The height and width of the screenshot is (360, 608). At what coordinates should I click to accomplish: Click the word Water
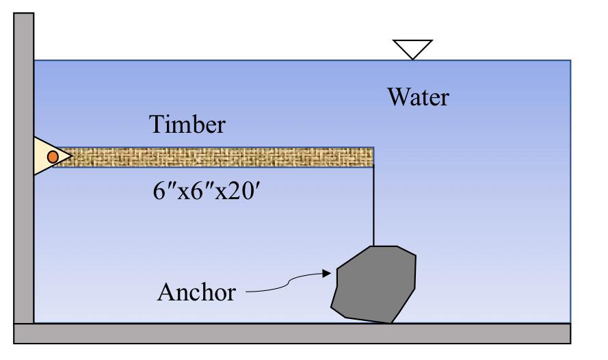click(419, 97)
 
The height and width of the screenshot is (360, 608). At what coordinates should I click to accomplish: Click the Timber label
click(187, 126)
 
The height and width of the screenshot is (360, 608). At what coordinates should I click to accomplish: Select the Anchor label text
click(196, 292)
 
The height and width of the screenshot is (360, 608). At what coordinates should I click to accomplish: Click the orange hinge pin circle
click(53, 157)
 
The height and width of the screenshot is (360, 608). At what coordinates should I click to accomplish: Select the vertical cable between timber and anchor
click(373, 205)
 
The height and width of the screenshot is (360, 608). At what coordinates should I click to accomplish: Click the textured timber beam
click(219, 157)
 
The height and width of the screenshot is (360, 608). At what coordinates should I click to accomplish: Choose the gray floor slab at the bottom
click(292, 333)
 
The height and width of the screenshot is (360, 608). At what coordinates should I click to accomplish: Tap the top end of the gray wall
click(24, 17)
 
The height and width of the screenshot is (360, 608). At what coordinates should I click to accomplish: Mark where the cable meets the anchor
click(373, 246)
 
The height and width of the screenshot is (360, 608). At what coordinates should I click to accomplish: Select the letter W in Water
click(398, 97)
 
